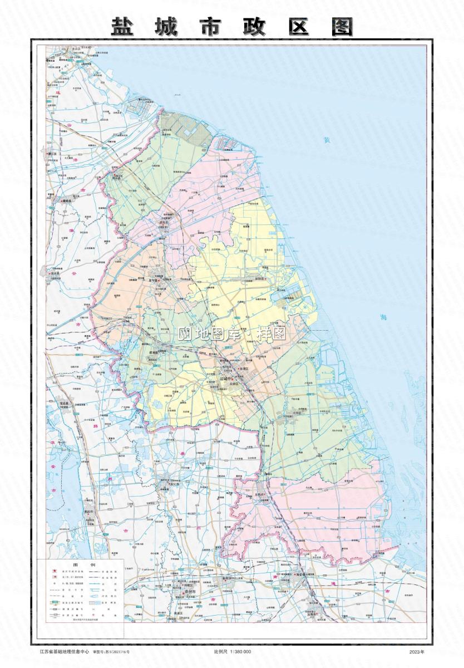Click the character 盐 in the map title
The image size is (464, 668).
click(123, 26)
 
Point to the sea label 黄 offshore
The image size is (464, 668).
click(327, 141)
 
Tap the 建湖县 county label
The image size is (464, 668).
click(154, 352)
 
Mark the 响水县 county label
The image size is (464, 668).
click(116, 178)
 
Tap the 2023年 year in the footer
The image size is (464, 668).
click(416, 651)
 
